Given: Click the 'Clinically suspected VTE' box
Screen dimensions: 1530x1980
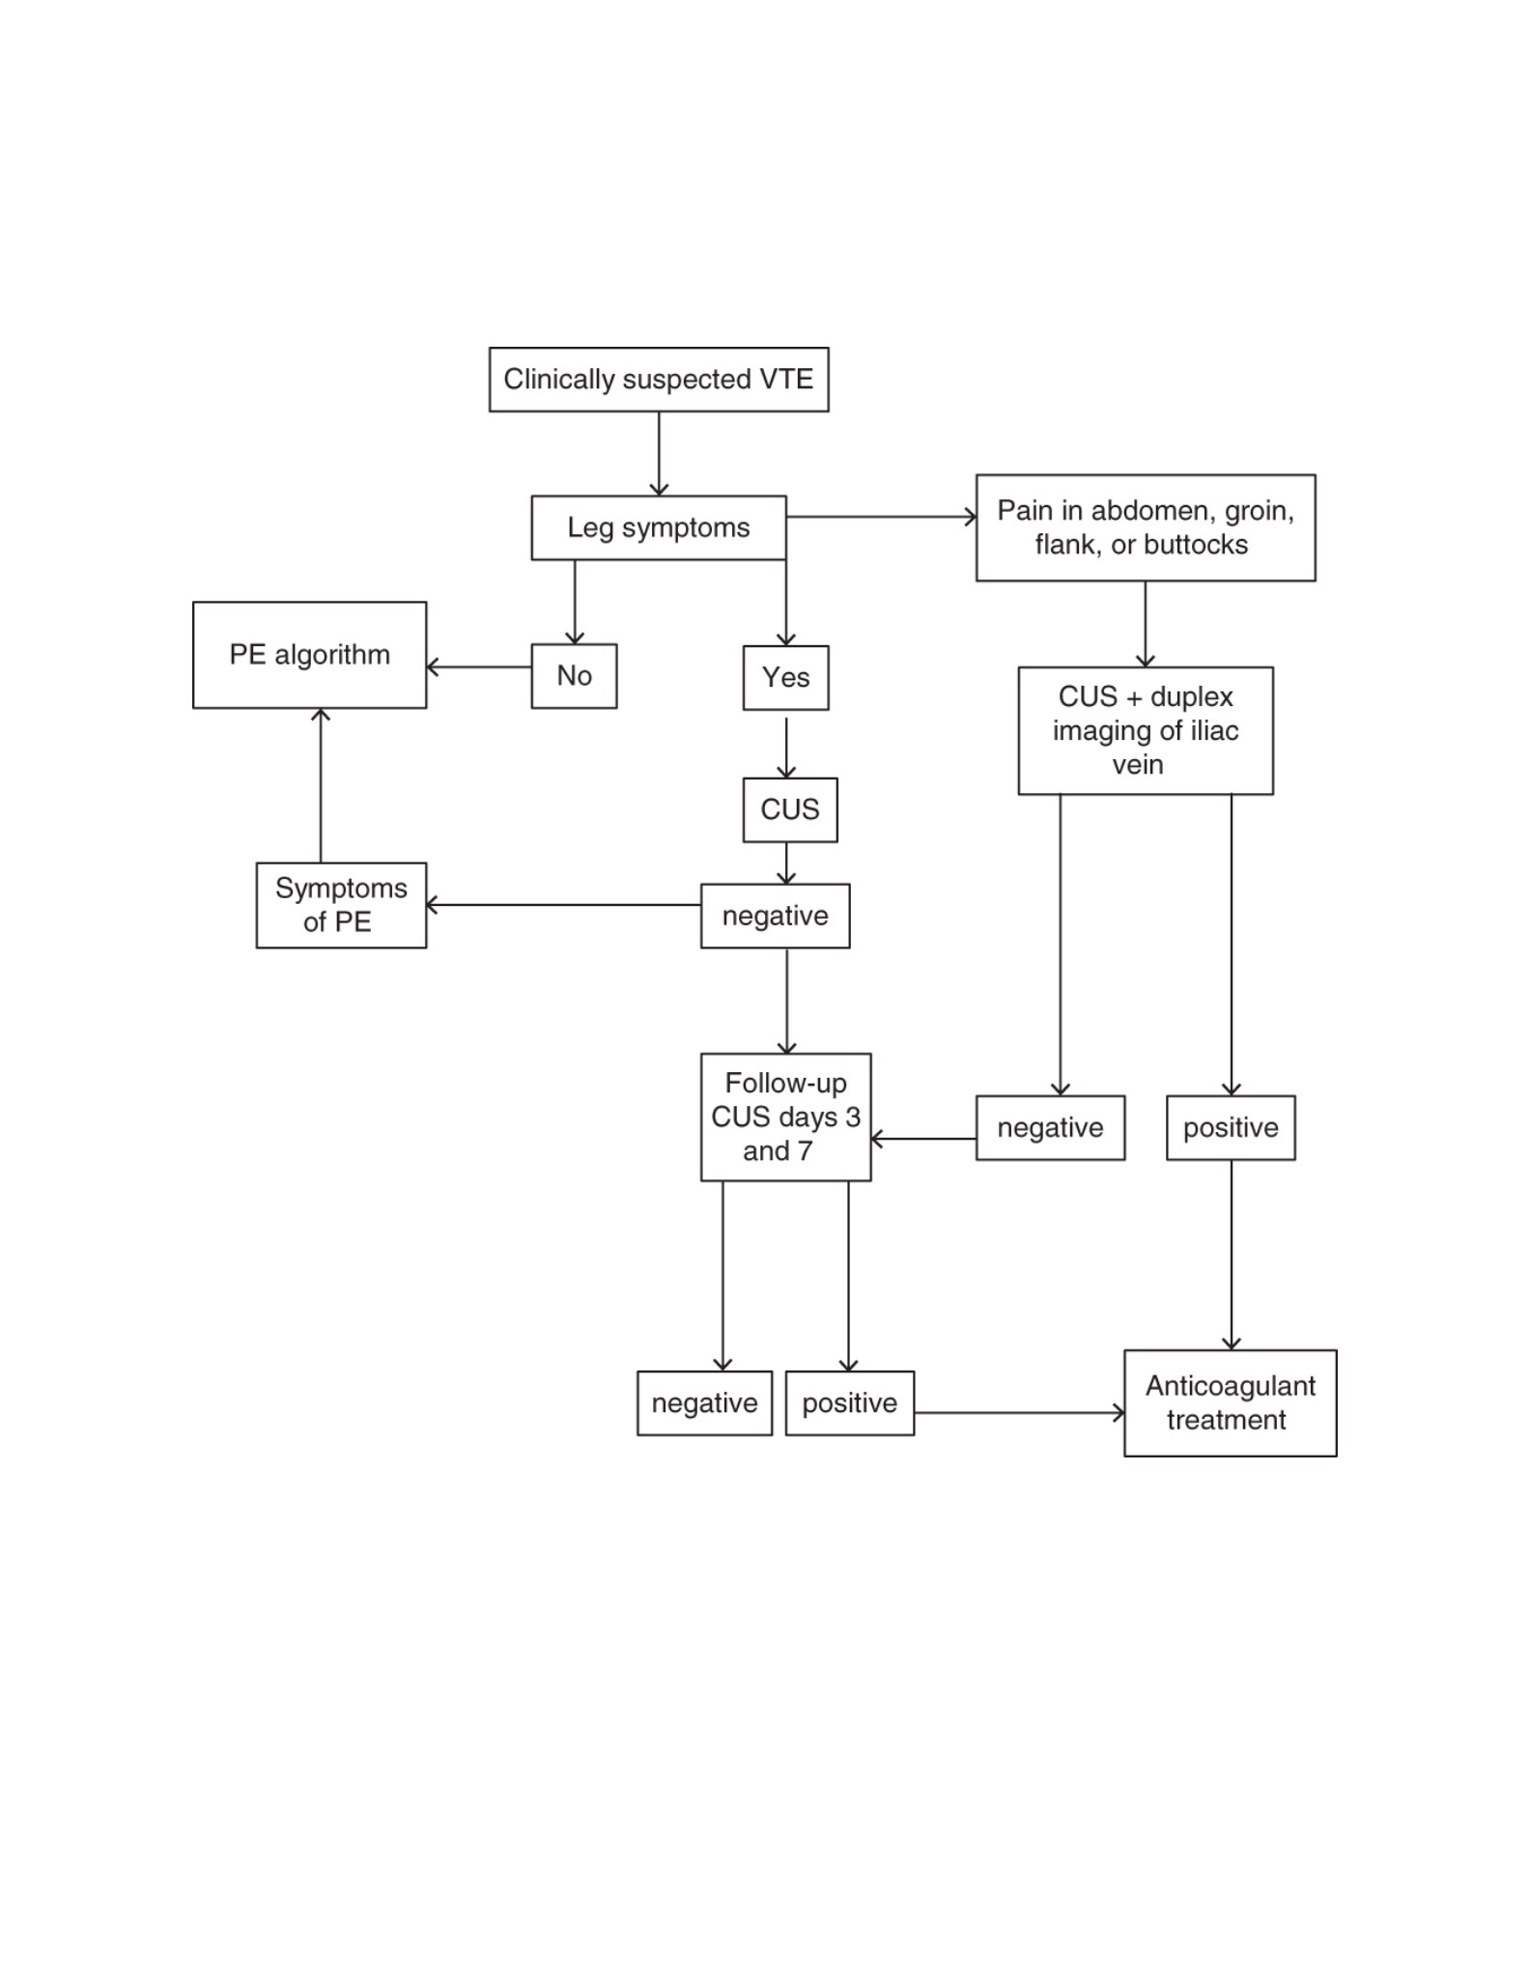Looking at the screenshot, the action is [659, 380].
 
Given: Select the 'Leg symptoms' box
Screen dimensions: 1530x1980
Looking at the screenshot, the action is [659, 527].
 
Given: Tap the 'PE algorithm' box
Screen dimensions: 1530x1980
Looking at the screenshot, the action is [309, 655].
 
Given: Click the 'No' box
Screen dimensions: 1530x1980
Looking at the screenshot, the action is [574, 676].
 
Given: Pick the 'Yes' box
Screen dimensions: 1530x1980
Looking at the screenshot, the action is [785, 678].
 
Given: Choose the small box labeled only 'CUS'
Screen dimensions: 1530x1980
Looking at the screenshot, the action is [790, 809].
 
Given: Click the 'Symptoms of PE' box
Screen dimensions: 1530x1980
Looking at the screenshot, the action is [341, 905].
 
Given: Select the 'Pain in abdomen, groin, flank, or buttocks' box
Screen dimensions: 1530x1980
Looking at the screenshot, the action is [1146, 527].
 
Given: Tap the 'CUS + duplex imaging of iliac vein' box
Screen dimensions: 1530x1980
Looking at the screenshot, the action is [1146, 731].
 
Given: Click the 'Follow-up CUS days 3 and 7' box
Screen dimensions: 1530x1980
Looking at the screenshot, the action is [785, 1117].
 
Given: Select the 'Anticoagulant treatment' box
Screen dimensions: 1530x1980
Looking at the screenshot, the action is [1231, 1403].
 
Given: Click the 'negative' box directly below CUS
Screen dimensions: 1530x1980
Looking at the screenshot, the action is [775, 916].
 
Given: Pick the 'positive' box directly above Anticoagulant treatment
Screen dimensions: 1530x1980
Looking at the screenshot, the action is [1231, 1127].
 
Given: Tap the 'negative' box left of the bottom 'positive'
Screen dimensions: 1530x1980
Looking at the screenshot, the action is [704, 1403].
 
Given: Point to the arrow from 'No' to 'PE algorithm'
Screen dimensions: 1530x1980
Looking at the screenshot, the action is [479, 666].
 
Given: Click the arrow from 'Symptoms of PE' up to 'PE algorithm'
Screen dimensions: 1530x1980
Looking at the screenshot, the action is [321, 785].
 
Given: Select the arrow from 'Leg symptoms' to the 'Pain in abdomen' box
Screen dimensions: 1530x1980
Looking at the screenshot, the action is [881, 517].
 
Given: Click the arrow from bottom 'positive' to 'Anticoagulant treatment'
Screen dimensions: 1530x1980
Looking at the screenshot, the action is [1019, 1413].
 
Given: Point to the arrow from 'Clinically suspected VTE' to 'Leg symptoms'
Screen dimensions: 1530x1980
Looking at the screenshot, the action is [659, 454].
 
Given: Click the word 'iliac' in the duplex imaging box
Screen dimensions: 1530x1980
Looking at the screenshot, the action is [1214, 731].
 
